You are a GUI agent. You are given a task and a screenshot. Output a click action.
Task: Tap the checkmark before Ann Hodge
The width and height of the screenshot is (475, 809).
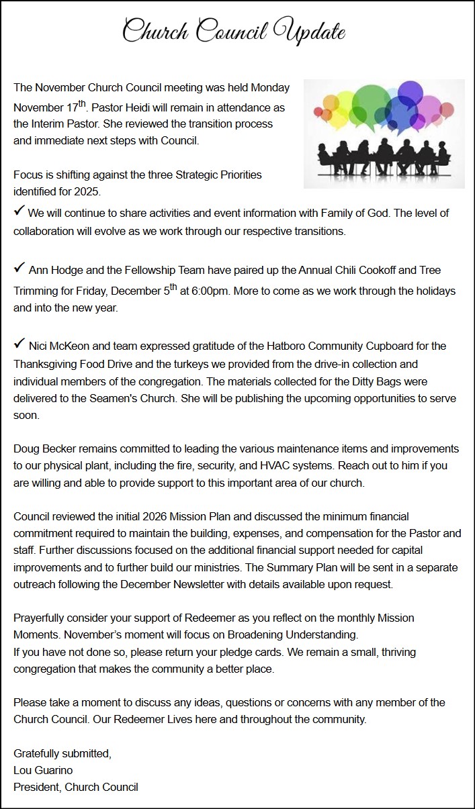19,269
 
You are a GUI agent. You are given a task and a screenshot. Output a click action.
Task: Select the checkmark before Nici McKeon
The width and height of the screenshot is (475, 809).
19,344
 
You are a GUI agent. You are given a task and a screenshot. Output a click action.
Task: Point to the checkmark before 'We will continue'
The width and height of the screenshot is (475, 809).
19,211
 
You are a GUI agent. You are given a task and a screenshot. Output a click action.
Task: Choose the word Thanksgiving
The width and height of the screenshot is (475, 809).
46,364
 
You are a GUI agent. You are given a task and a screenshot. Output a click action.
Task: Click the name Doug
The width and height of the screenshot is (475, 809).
25,448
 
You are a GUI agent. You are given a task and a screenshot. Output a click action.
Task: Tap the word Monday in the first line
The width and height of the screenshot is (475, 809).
270,87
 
